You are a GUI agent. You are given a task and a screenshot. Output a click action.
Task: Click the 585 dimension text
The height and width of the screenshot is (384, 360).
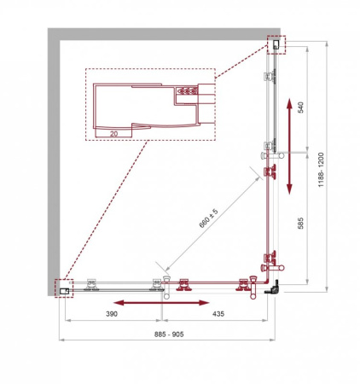pyautogui.click(x=300, y=223)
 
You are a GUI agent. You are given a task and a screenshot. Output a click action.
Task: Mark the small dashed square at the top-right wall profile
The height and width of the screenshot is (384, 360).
pyautogui.click(x=277, y=44)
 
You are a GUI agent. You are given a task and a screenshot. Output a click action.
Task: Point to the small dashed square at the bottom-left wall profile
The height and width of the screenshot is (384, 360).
pyautogui.click(x=64, y=288)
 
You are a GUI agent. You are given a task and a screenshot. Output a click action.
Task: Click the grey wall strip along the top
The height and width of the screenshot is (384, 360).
pyautogui.click(x=162, y=32)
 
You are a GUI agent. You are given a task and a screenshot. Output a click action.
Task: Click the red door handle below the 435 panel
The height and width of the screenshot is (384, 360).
pyautogui.click(x=186, y=289)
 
